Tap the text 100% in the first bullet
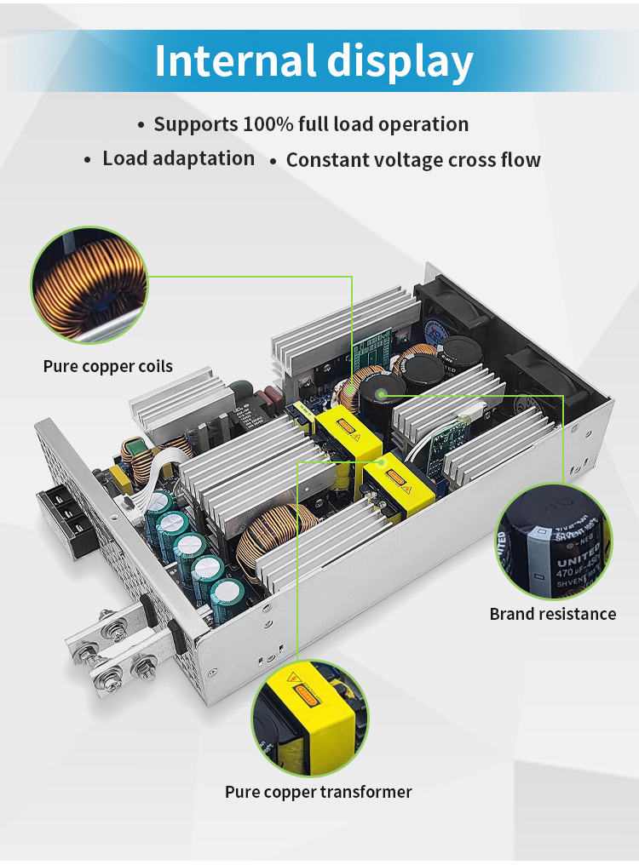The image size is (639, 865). click(267, 124)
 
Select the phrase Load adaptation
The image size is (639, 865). click(178, 158)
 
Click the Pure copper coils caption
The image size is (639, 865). click(108, 367)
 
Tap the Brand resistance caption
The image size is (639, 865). click(552, 614)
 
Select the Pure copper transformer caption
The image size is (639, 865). click(318, 792)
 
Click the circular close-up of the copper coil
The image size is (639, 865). click(89, 284)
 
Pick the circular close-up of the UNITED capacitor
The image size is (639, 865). click(554, 541)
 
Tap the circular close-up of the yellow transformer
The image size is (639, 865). click(310, 719)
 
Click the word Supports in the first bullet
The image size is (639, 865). click(195, 124)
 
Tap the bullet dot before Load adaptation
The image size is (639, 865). click(87, 160)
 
